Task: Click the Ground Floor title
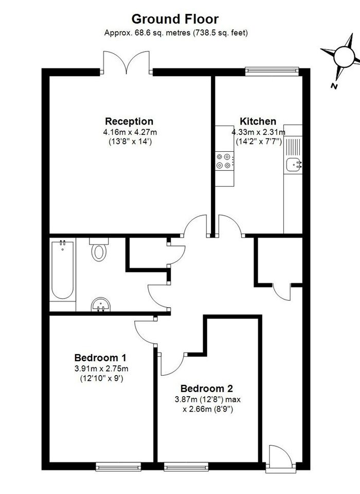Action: (175, 19)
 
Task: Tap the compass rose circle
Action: (344, 57)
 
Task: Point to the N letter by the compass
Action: (334, 86)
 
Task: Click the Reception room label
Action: (129, 121)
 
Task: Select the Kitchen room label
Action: (258, 121)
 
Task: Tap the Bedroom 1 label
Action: (100, 358)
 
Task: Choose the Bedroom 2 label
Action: (206, 389)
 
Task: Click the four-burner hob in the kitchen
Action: (225, 161)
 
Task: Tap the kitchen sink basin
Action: (294, 164)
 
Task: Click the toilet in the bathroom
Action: (99, 250)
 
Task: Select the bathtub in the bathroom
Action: (63, 270)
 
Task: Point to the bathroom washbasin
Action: (100, 305)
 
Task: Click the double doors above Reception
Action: (127, 63)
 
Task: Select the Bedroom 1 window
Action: (118, 467)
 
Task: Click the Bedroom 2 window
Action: (186, 467)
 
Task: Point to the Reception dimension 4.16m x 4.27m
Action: (130, 132)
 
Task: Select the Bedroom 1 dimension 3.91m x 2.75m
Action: (101, 368)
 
